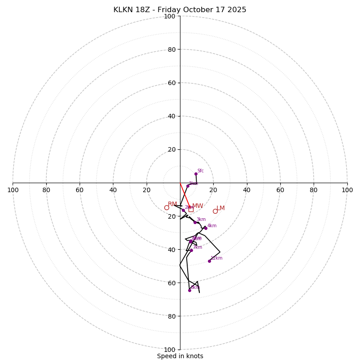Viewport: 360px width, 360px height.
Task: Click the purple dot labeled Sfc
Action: tap(196, 174)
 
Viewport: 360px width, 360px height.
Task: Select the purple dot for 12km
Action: tap(209, 261)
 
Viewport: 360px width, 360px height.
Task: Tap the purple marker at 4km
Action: tap(206, 228)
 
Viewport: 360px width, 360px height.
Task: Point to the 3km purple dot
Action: tap(195, 222)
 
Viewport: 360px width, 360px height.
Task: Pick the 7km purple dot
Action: tap(191, 250)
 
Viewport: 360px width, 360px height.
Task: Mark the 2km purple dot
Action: tap(183, 211)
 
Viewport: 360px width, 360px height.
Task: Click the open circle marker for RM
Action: tap(166, 207)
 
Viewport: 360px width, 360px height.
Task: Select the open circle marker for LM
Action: tap(215, 211)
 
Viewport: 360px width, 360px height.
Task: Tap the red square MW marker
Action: tap(191, 209)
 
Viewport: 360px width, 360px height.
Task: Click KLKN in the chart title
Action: tap(123, 10)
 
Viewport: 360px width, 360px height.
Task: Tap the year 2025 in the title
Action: tap(237, 10)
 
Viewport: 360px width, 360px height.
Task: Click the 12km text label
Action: tap(216, 258)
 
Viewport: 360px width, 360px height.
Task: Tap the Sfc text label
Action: tap(201, 171)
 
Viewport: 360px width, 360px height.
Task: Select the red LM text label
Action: tap(220, 208)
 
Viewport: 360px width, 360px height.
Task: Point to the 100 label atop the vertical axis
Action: tap(170, 16)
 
